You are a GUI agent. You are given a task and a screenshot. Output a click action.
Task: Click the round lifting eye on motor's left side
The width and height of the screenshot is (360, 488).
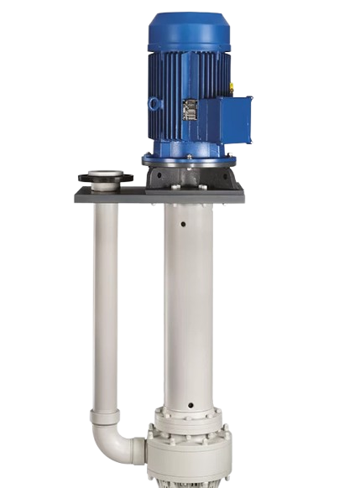coord(154,103)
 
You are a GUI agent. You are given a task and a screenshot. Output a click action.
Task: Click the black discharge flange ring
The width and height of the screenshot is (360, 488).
coord(105,179)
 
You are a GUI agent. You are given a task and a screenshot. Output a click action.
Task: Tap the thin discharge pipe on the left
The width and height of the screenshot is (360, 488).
coord(105,293)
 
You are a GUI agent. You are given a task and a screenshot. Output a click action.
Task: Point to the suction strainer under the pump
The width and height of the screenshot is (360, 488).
coord(190,482)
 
